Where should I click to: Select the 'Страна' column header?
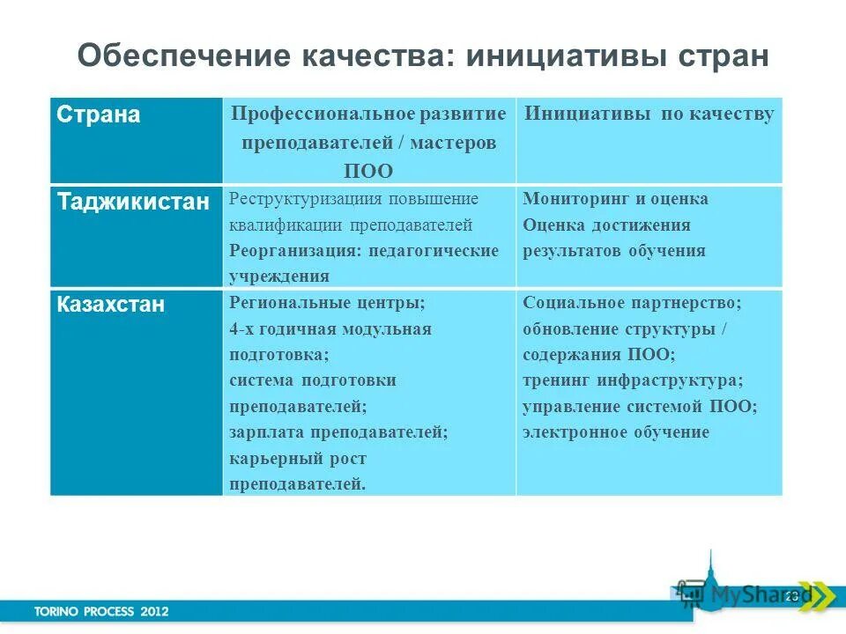point(99,115)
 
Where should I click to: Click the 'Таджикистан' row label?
point(134,202)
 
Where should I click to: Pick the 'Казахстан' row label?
point(111,305)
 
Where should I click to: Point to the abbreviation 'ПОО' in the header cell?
point(367,171)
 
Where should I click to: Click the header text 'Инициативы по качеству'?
point(649,114)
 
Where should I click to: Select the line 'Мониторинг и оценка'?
point(615,199)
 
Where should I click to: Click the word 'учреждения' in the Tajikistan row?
point(279,276)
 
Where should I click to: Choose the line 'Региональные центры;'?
point(327,303)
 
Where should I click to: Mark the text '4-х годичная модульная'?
point(330,329)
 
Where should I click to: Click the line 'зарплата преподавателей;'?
point(339,432)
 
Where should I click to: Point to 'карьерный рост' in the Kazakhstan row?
point(298,459)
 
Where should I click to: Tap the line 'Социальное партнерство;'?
point(632,303)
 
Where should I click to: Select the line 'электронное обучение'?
point(615,432)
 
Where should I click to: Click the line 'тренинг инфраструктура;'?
point(632,380)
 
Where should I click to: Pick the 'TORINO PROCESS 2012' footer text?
point(101,610)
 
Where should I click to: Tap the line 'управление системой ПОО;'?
point(639,407)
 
